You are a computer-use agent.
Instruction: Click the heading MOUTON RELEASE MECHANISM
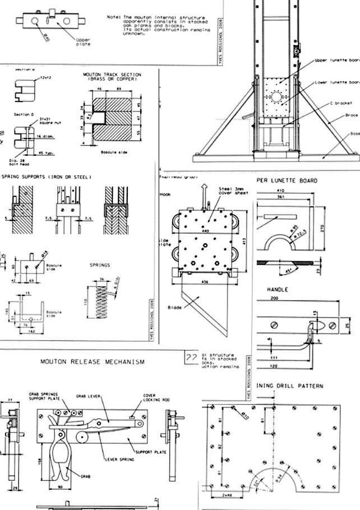pos(93,362)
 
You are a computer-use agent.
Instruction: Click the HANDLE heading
pos(277,290)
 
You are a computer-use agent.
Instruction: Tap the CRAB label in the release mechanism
pos(85,476)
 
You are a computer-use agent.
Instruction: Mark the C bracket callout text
pos(340,104)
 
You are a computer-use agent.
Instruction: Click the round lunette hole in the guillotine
pos(276,96)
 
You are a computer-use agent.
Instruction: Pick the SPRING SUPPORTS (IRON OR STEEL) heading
pos(46,177)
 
